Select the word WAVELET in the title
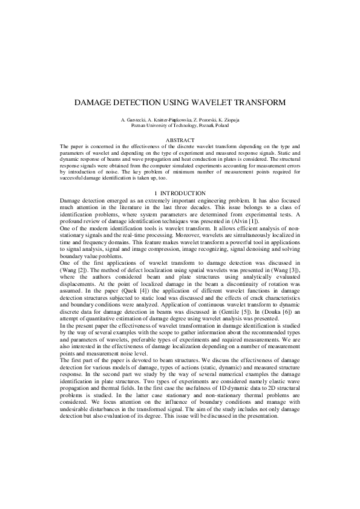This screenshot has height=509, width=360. point(224,103)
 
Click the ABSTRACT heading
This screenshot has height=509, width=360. point(180,140)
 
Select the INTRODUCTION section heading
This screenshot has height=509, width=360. point(185,192)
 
